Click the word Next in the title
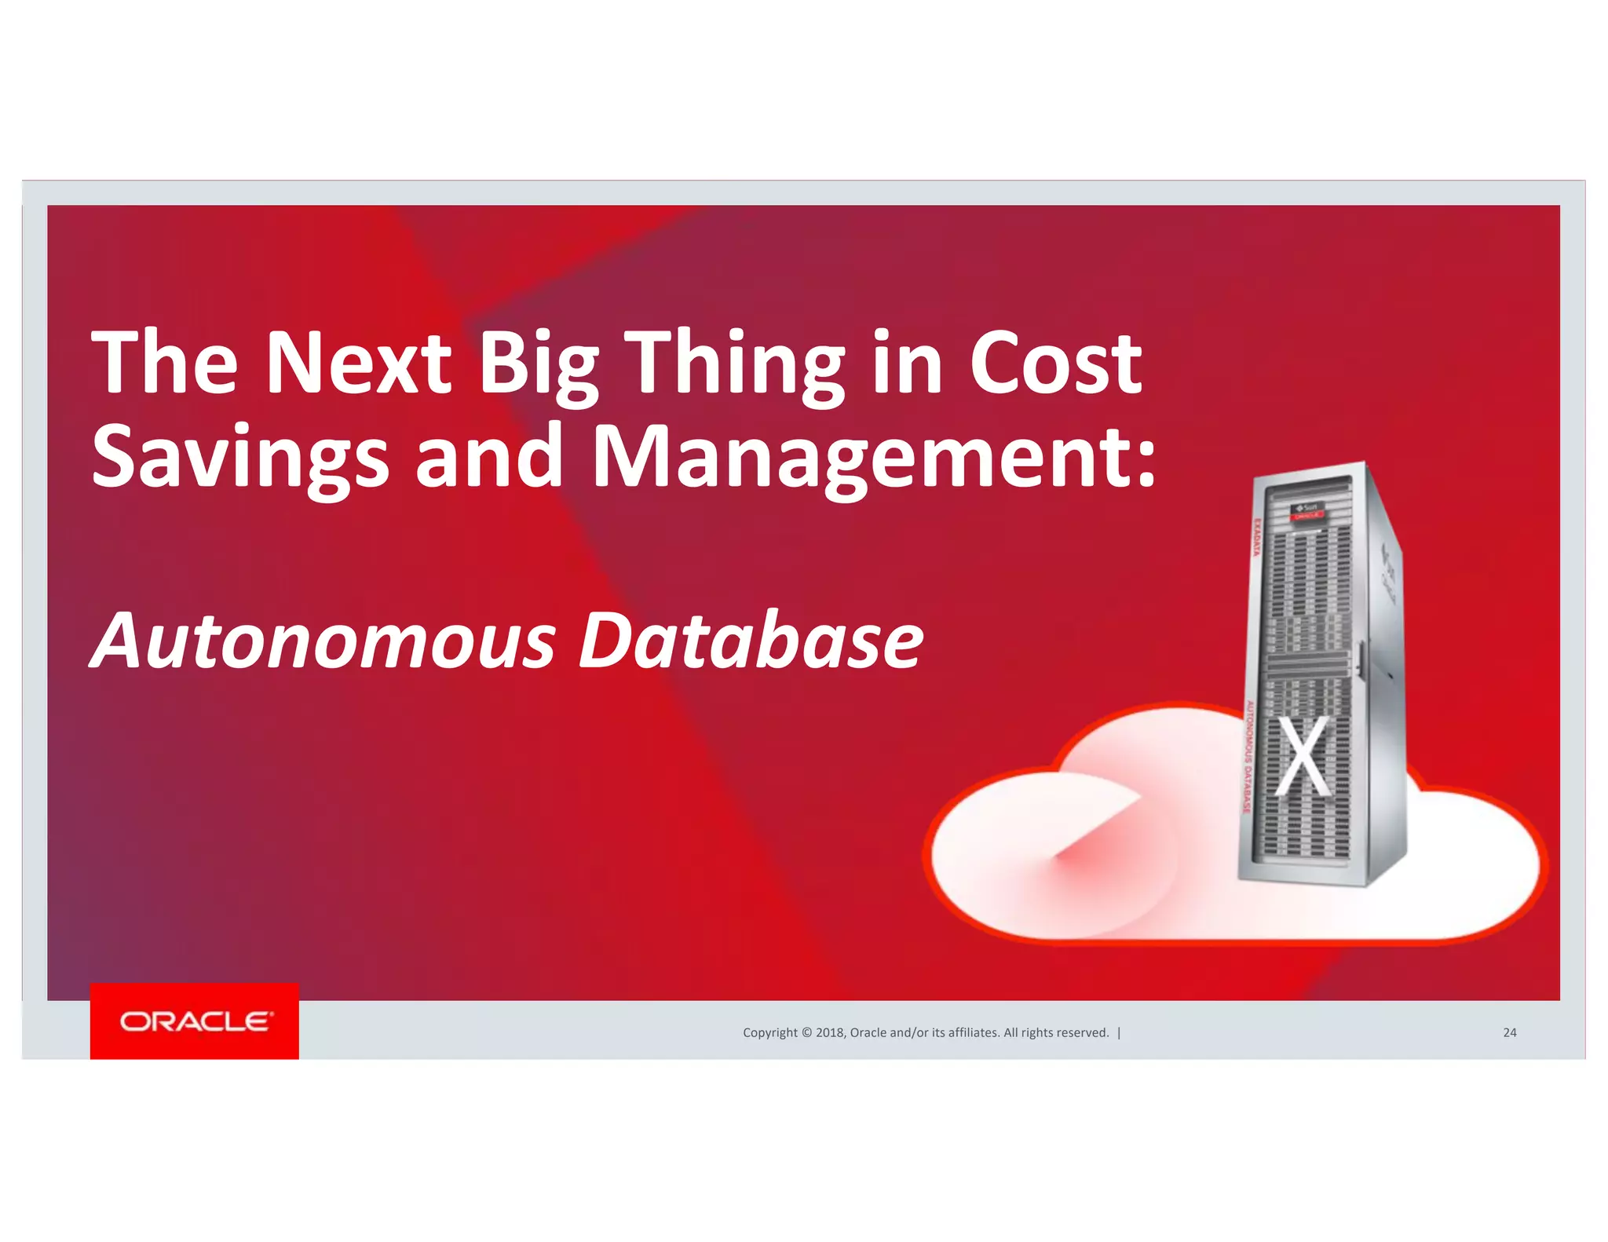pyautogui.click(x=359, y=363)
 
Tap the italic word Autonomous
pyautogui.click(x=323, y=641)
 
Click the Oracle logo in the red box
pyautogui.click(x=195, y=1021)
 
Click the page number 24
pyautogui.click(x=1509, y=1033)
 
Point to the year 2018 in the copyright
pyautogui.click(x=829, y=1033)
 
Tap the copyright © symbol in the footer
pyautogui.click(x=806, y=1033)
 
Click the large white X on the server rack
pyautogui.click(x=1303, y=756)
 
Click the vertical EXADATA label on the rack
pyautogui.click(x=1255, y=538)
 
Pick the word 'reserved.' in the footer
pyautogui.click(x=1082, y=1033)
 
